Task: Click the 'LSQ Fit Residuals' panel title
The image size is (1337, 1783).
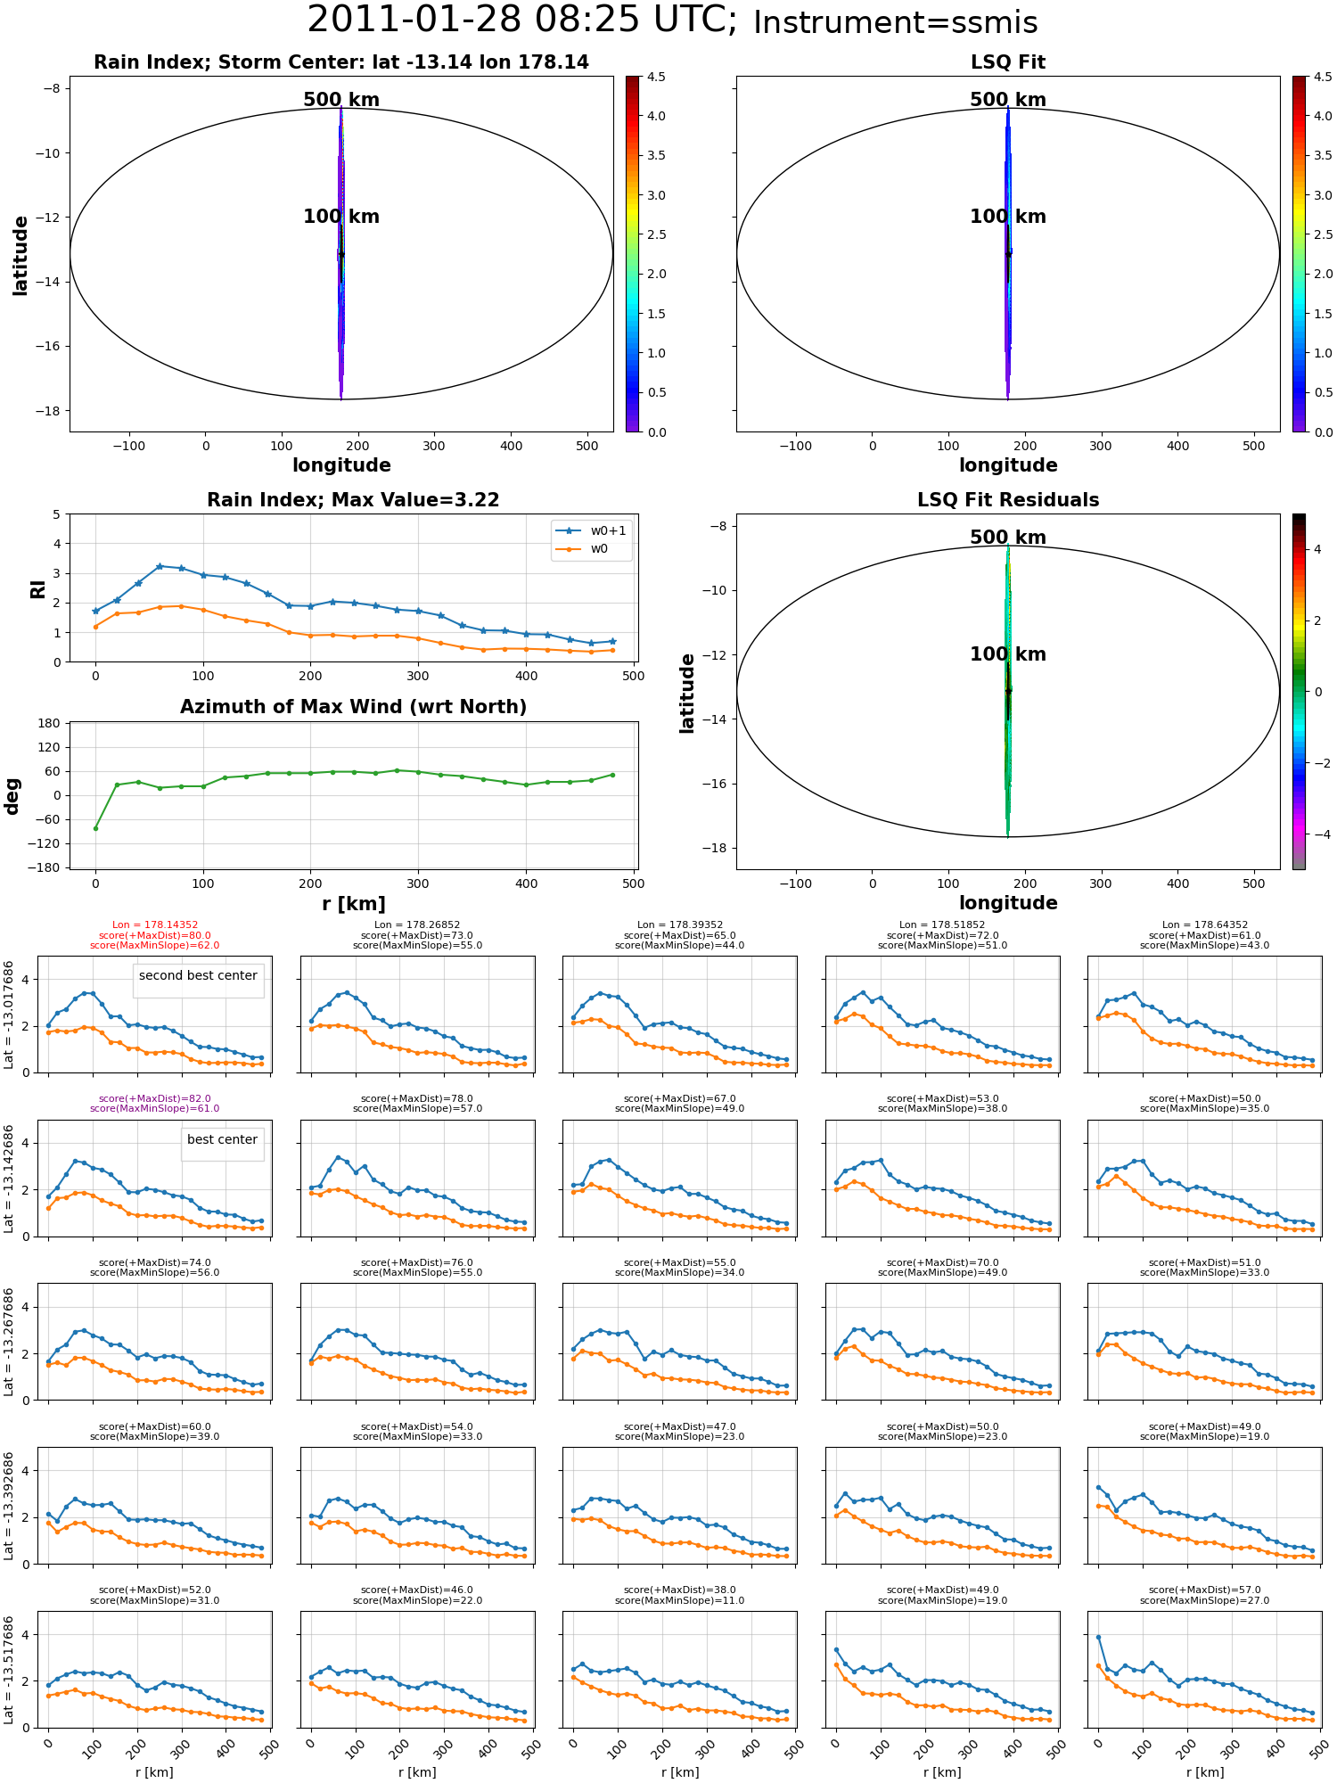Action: click(x=1007, y=500)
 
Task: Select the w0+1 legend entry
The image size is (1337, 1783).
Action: click(x=592, y=530)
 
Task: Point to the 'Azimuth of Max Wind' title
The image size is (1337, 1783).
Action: click(x=353, y=707)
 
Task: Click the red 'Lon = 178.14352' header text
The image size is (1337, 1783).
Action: click(x=155, y=925)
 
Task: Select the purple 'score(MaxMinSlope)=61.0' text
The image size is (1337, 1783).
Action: click(x=155, y=1109)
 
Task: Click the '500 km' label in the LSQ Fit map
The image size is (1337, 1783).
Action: click(x=1007, y=100)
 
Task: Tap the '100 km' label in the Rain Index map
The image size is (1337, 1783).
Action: click(x=341, y=217)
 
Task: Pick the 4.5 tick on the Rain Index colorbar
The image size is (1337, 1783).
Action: click(x=656, y=77)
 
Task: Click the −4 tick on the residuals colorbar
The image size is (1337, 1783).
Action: click(x=1317, y=834)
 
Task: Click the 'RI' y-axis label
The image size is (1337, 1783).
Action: click(x=37, y=588)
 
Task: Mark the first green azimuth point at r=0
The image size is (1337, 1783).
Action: click(x=95, y=828)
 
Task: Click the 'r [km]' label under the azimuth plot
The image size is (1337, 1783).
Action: click(x=354, y=904)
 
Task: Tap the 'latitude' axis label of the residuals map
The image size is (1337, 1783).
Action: click(x=686, y=693)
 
